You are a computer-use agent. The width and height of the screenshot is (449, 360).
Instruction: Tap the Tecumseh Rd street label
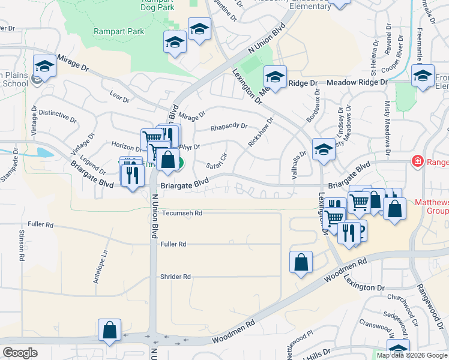[181, 213]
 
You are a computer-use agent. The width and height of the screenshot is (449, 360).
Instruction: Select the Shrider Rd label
[175, 277]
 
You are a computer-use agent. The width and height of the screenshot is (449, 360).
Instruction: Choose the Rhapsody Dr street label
[229, 127]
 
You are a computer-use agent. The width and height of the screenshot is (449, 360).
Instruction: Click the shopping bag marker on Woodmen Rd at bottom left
[109, 330]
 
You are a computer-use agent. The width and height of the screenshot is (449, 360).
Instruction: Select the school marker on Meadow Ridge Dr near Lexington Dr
[275, 77]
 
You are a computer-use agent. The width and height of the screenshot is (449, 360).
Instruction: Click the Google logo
[20, 352]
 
